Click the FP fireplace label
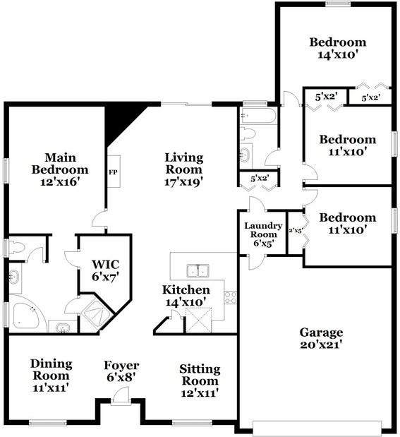[x=113, y=172]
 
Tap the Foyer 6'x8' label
[x=121, y=371]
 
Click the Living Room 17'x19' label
[x=183, y=169]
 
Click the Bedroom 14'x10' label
[x=338, y=48]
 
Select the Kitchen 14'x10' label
[x=186, y=296]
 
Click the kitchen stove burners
[x=231, y=297]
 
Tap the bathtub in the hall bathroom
[x=258, y=117]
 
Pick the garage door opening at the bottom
[x=317, y=426]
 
